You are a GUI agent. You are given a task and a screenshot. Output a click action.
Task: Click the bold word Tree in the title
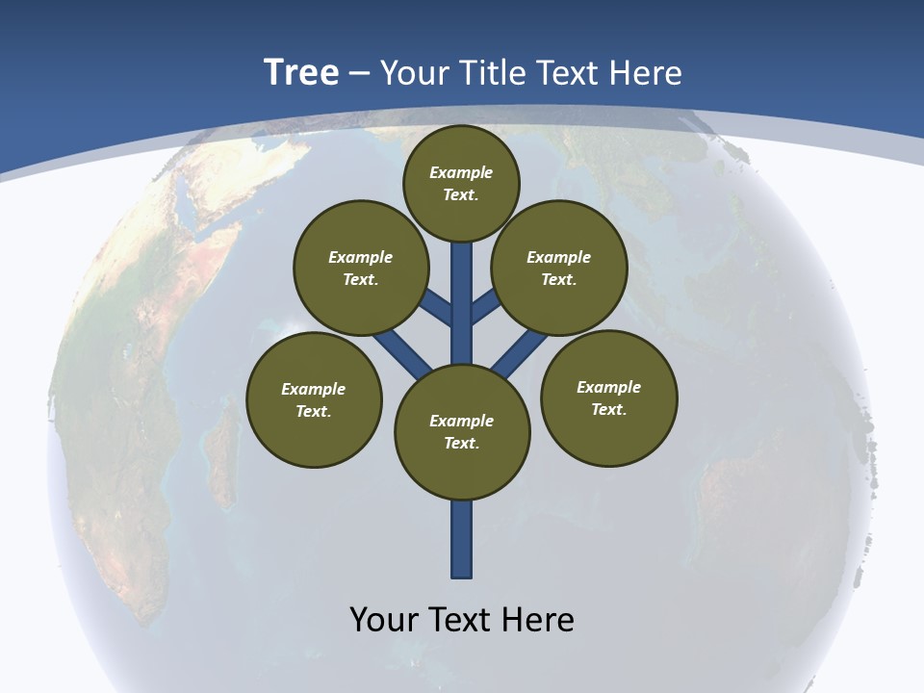click(301, 73)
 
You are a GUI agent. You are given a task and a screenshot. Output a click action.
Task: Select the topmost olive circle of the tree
click(461, 183)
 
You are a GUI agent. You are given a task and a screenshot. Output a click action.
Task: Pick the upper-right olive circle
click(559, 268)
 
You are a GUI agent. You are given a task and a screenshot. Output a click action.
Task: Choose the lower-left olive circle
click(314, 399)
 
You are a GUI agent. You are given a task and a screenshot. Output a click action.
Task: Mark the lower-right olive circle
click(609, 398)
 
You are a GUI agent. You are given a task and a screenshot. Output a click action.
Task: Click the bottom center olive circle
click(462, 432)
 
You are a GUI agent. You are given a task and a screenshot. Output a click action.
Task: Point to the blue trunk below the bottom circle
click(462, 539)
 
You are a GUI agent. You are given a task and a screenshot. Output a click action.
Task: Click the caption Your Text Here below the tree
click(462, 620)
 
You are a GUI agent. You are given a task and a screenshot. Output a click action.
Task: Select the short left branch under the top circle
click(438, 307)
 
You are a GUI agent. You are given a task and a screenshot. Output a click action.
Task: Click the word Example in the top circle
click(461, 172)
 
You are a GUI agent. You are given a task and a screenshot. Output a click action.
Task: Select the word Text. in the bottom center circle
click(461, 444)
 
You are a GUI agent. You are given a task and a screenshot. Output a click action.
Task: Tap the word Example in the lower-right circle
click(608, 387)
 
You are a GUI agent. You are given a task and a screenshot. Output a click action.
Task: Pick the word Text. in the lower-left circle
click(313, 411)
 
